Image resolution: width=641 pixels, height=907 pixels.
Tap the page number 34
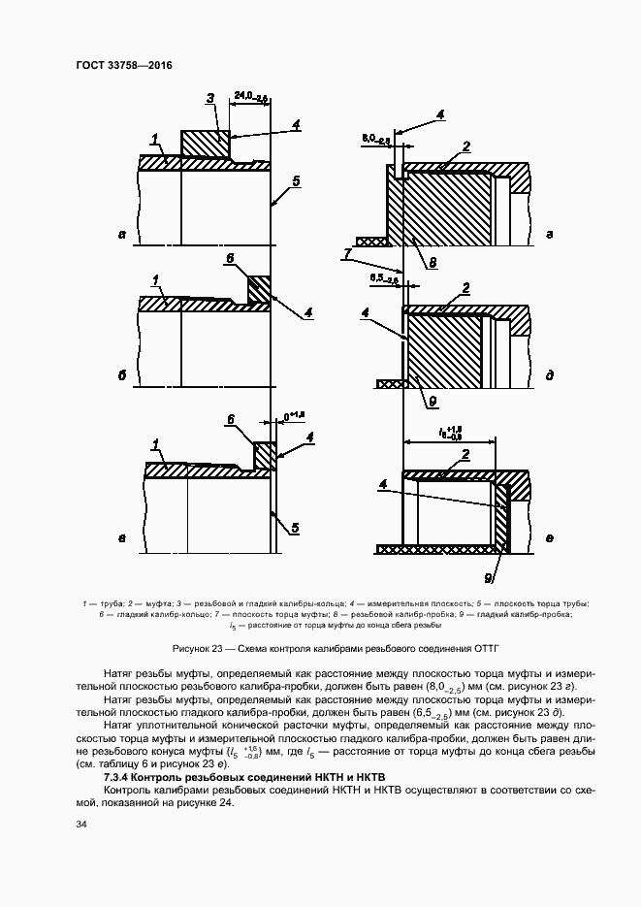pyautogui.click(x=80, y=826)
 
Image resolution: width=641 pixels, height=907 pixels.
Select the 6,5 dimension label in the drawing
pyautogui.click(x=383, y=278)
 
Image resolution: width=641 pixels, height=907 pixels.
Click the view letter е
pyautogui.click(x=550, y=536)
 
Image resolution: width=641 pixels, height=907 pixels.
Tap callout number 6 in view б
pyautogui.click(x=230, y=259)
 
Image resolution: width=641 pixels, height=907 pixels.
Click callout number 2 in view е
pyautogui.click(x=466, y=454)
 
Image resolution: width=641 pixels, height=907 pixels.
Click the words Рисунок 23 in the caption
pyautogui.click(x=200, y=646)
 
